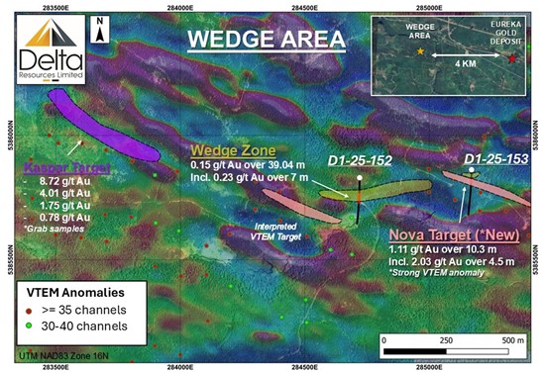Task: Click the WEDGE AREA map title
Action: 268,41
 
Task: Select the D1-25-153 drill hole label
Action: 495,158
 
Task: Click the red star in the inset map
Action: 511,60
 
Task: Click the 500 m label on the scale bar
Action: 508,338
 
